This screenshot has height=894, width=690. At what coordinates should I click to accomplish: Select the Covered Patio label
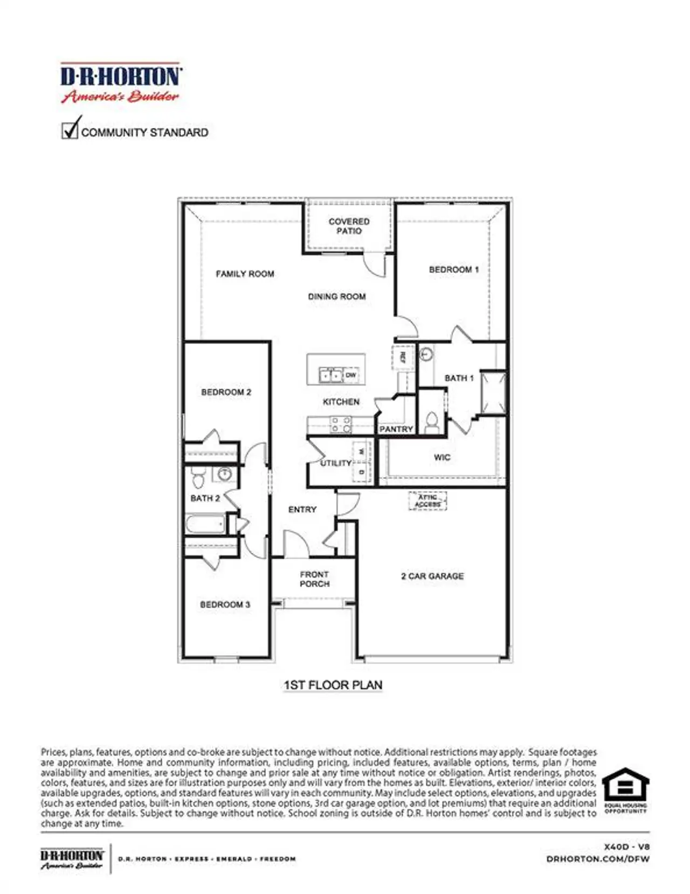349,226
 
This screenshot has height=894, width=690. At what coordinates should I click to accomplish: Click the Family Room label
245,274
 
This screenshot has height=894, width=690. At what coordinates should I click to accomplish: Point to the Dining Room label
336,297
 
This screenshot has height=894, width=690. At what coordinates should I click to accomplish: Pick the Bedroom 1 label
453,270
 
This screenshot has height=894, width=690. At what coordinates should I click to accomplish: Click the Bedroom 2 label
226,392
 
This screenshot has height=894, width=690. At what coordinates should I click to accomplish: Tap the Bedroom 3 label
225,604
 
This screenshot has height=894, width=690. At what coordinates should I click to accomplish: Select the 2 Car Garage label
432,576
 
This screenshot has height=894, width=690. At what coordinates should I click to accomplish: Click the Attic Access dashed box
427,501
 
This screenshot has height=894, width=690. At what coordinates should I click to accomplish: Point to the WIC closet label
441,457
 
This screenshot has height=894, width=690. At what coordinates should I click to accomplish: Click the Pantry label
396,429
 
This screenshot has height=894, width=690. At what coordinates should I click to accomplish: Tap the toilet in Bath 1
432,422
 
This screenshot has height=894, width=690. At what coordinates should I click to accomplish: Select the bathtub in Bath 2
205,524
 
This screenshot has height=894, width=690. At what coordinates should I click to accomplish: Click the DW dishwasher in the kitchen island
350,375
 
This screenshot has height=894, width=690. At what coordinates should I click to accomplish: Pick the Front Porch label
314,579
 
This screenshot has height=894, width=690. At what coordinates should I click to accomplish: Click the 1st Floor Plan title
333,685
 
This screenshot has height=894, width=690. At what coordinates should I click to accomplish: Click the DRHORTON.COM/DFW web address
597,859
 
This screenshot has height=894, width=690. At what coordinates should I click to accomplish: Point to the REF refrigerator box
402,356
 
